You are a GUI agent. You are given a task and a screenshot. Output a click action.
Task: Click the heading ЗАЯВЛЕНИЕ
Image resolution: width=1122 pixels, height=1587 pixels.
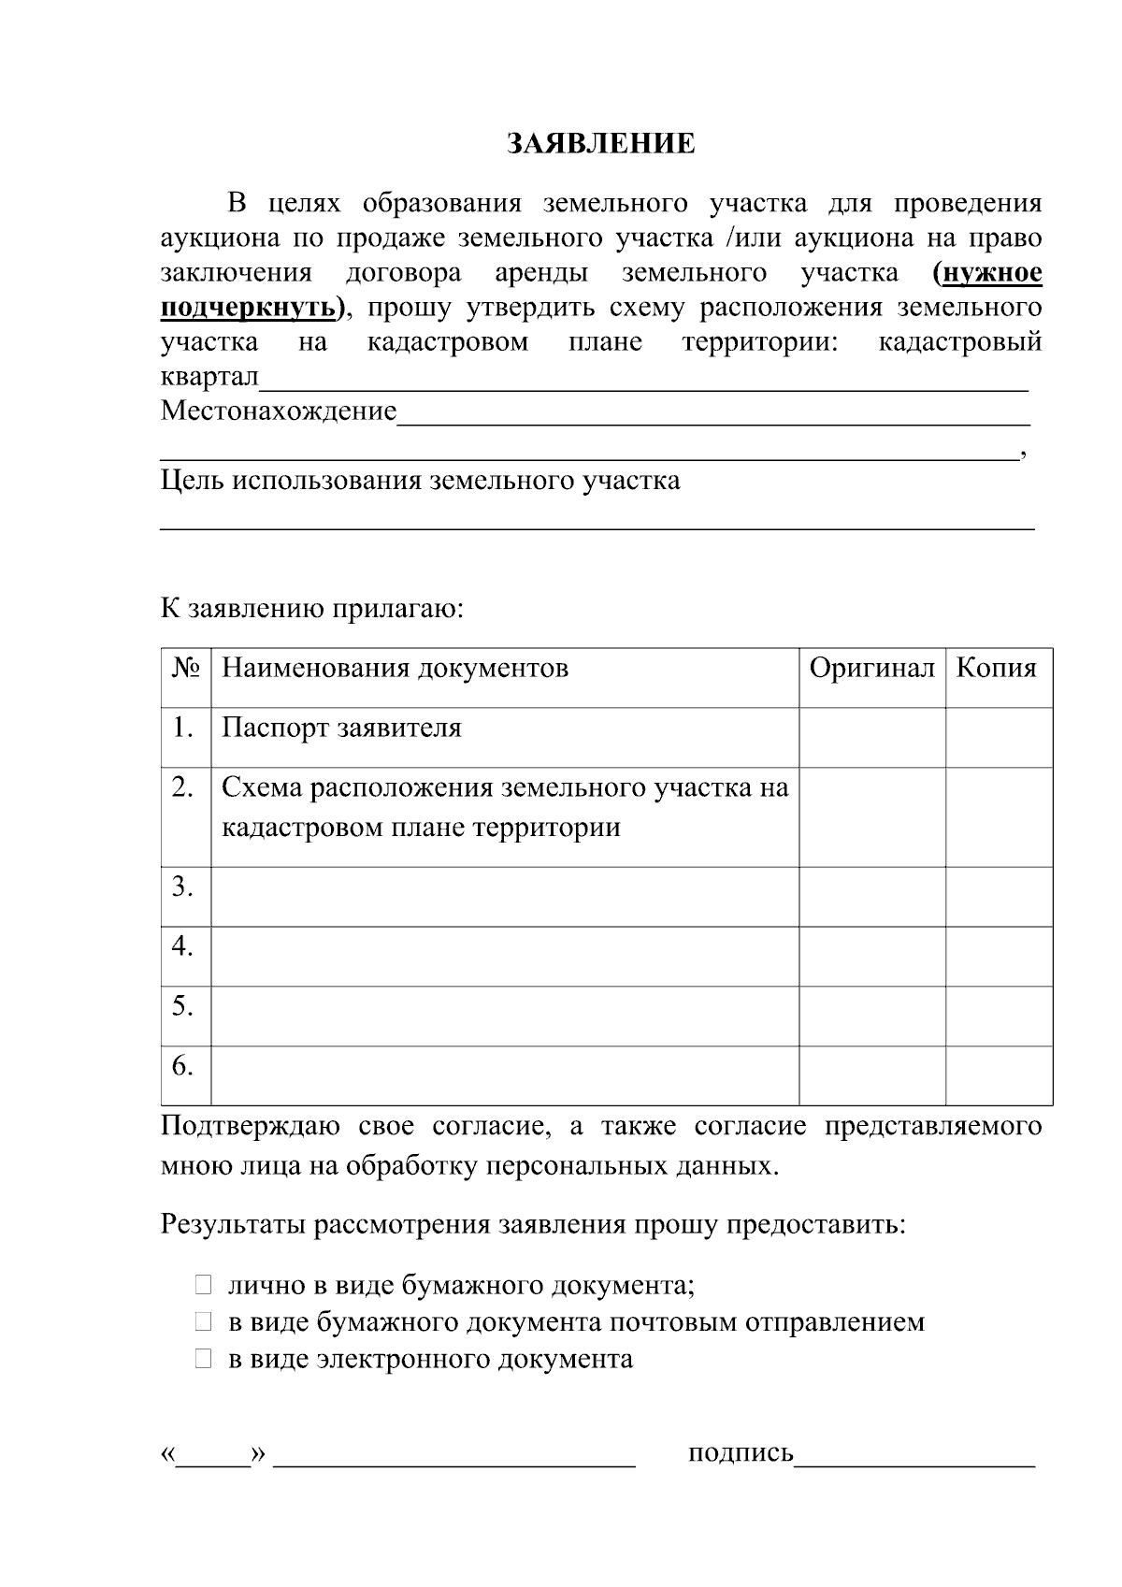click(601, 144)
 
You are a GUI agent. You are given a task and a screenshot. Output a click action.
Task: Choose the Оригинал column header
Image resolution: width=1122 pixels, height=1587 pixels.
click(871, 669)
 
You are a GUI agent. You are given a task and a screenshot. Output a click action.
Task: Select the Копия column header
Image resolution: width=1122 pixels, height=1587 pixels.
click(997, 669)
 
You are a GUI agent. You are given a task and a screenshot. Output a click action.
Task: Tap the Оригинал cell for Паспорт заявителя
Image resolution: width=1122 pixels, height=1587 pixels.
click(871, 737)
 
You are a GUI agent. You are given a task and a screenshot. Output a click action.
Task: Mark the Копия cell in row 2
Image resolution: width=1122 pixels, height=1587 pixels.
click(998, 816)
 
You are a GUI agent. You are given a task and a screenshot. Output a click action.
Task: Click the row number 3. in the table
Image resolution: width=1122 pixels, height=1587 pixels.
click(183, 887)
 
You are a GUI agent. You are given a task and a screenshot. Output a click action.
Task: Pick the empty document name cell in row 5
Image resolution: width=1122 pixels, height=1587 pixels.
click(505, 1016)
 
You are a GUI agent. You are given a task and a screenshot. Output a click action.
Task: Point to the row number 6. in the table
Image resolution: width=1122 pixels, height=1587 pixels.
click(183, 1066)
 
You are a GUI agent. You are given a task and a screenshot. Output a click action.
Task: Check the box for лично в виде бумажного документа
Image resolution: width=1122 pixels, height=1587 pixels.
click(204, 1286)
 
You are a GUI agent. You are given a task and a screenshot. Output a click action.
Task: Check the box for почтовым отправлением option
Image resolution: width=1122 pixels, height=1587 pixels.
click(204, 1322)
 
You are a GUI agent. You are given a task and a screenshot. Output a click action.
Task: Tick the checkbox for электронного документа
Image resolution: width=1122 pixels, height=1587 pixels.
click(204, 1359)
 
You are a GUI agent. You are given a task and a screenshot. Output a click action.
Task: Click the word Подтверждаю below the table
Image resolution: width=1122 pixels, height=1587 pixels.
click(250, 1126)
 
